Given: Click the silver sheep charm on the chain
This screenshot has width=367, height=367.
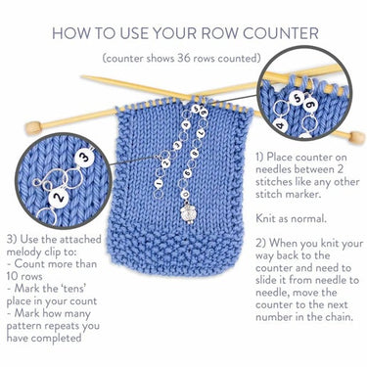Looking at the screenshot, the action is [x=186, y=209].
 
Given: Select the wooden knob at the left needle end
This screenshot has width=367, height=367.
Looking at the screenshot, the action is [x=33, y=128].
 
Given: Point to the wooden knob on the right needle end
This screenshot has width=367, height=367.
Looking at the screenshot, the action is [x=356, y=138].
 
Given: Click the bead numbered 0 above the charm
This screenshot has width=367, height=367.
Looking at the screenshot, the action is [x=185, y=194].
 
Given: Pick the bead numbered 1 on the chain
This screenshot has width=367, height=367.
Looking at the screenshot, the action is [x=160, y=182].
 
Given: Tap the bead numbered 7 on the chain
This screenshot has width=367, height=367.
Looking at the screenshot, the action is [x=202, y=133].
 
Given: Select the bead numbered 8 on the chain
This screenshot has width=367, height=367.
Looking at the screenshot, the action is [x=195, y=153].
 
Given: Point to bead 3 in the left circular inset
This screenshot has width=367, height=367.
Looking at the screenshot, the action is [x=84, y=159].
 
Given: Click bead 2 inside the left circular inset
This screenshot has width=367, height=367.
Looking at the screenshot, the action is [x=59, y=198].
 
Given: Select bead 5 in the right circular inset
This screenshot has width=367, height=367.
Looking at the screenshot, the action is [x=297, y=98].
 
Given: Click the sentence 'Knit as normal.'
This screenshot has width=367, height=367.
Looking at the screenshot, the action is [x=292, y=218].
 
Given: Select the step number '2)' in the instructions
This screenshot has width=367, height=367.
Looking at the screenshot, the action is [x=261, y=244].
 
